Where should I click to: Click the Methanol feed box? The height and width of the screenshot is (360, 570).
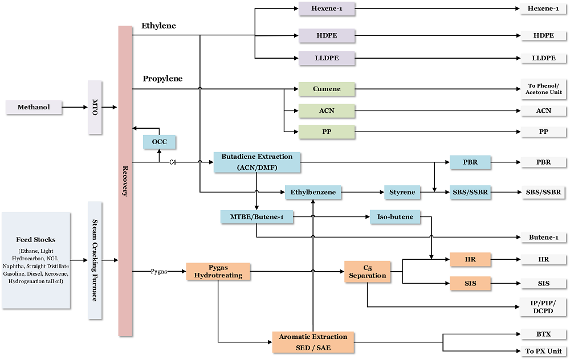coord(34,107)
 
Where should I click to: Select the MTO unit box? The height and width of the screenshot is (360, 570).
coord(95,107)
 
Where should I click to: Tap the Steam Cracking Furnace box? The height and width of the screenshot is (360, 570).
coord(95,260)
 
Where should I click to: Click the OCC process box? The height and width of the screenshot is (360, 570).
coord(159,141)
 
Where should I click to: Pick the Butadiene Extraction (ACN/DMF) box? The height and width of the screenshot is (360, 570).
coord(257,162)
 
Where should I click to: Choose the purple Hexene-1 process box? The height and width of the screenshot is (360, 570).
coord(327,9)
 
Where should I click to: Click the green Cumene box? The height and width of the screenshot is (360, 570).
coord(327,89)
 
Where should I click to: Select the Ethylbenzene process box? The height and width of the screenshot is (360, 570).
coord(313,193)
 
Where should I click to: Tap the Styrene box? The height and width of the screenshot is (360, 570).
coord(402,193)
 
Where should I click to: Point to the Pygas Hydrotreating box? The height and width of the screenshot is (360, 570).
coord(218,271)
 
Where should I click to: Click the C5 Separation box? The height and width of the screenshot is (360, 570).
coord(367,271)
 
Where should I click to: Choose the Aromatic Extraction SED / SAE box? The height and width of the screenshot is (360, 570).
coord(313,342)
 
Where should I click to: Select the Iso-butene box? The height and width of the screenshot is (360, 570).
coord(395,216)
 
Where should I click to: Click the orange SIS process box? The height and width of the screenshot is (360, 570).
coord(470,283)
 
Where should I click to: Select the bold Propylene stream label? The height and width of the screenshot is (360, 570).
coord(162,79)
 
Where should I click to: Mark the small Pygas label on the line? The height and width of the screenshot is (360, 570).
coord(159,272)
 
